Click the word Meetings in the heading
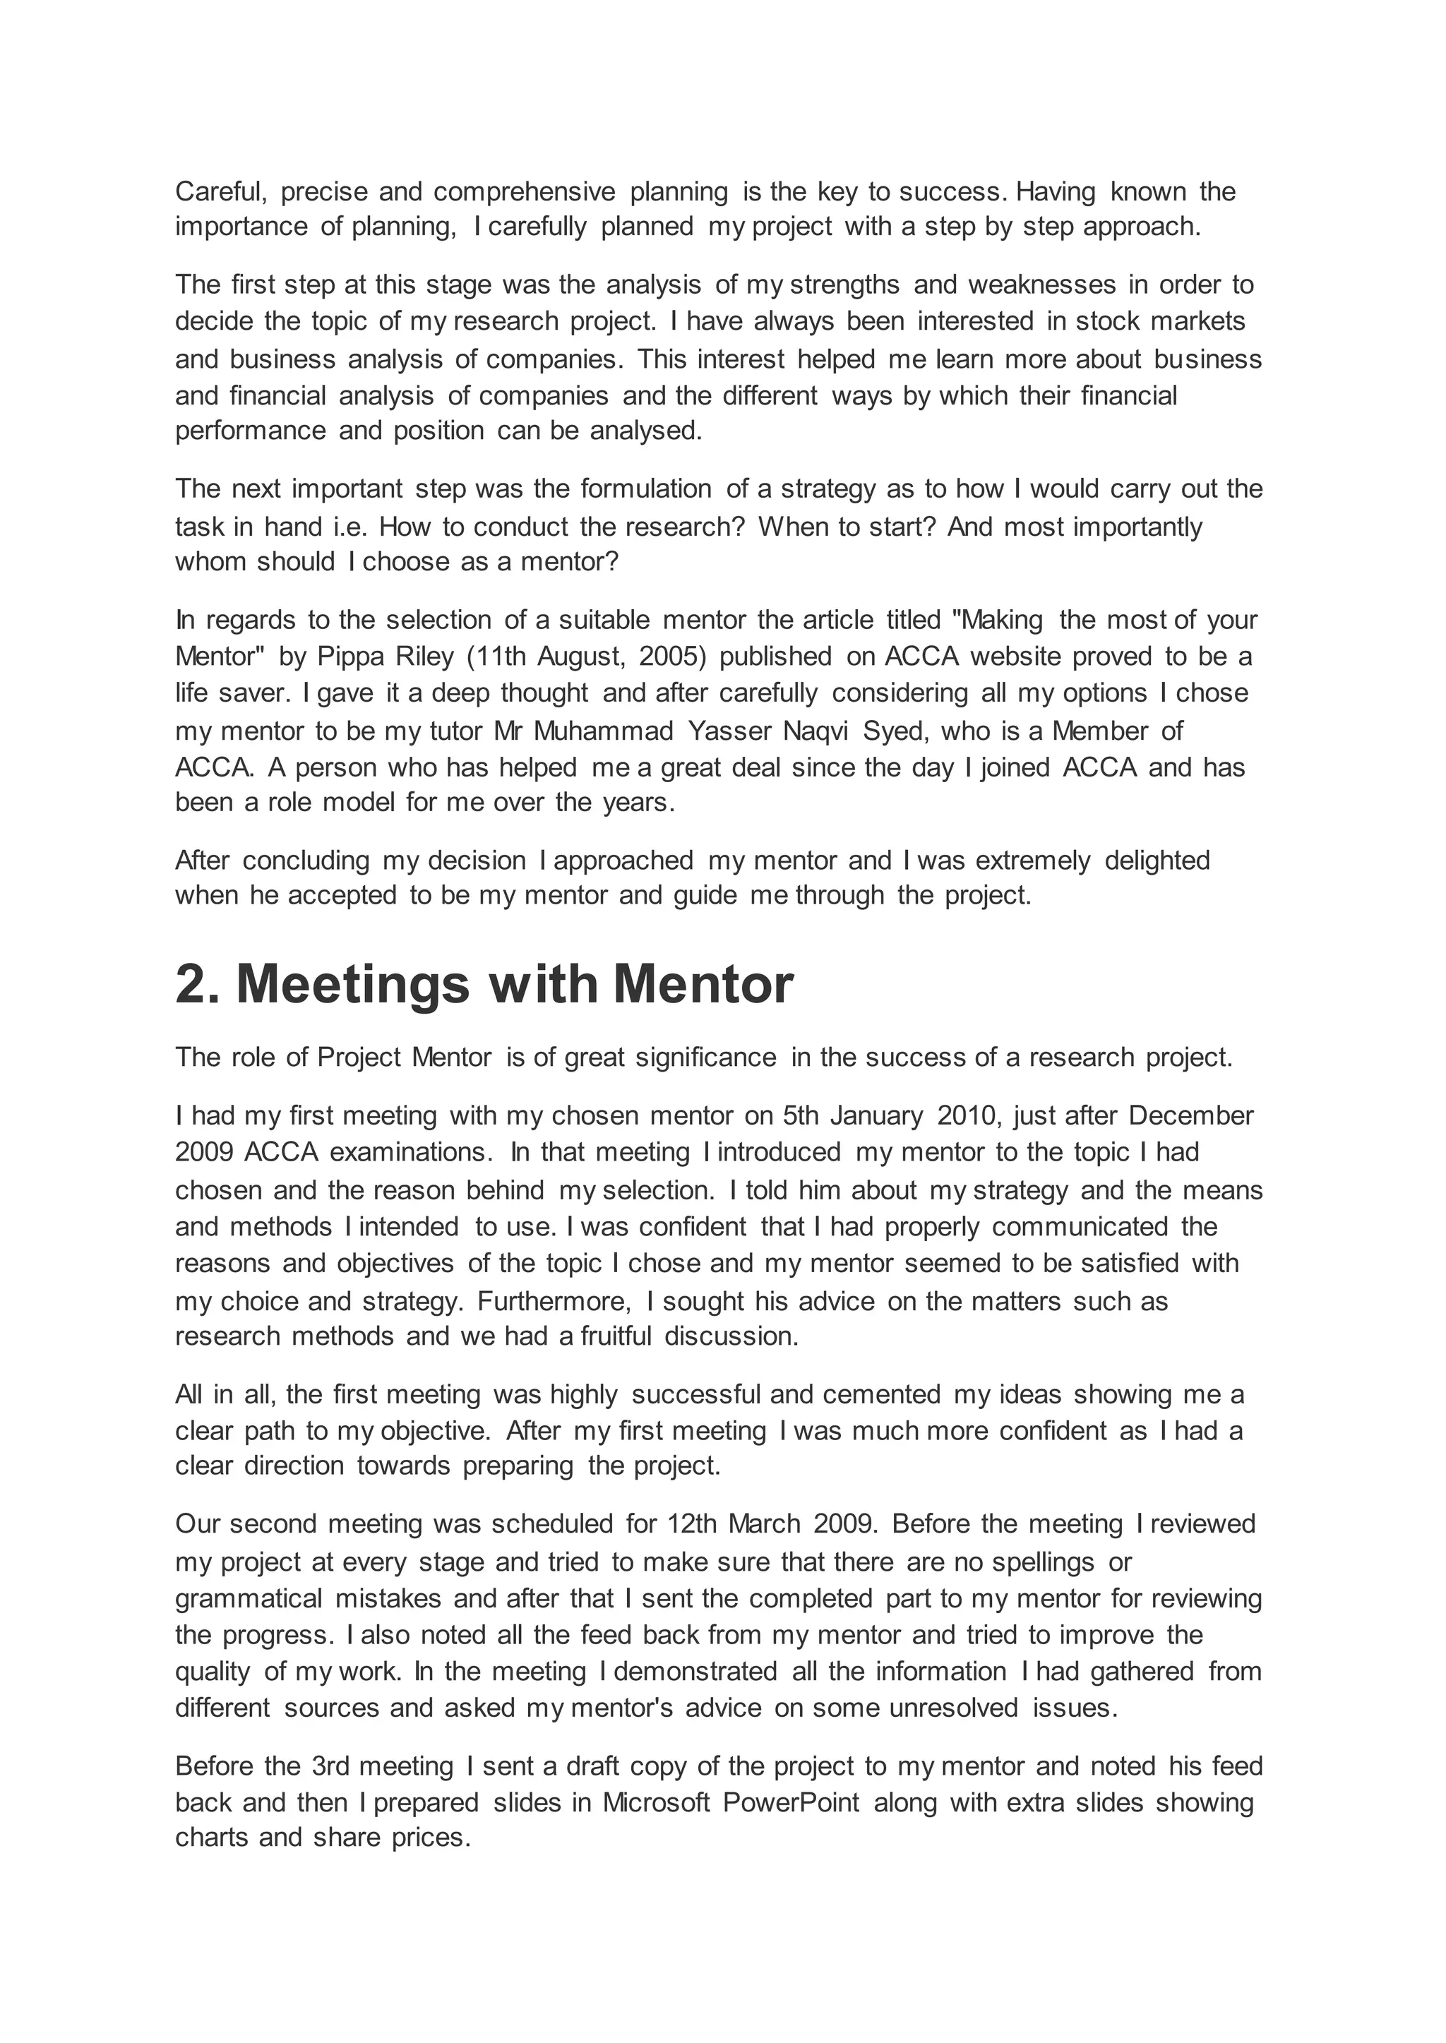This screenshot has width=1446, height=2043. (x=352, y=985)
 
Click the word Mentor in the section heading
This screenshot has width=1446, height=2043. (x=703, y=985)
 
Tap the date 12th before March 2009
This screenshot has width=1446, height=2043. (x=692, y=1523)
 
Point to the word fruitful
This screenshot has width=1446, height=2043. (x=616, y=1336)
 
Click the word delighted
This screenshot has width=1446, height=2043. (x=1157, y=860)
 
